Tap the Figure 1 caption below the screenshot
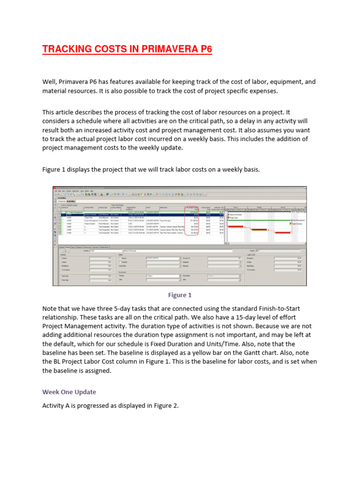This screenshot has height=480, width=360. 180,295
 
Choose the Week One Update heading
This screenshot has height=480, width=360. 70,391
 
